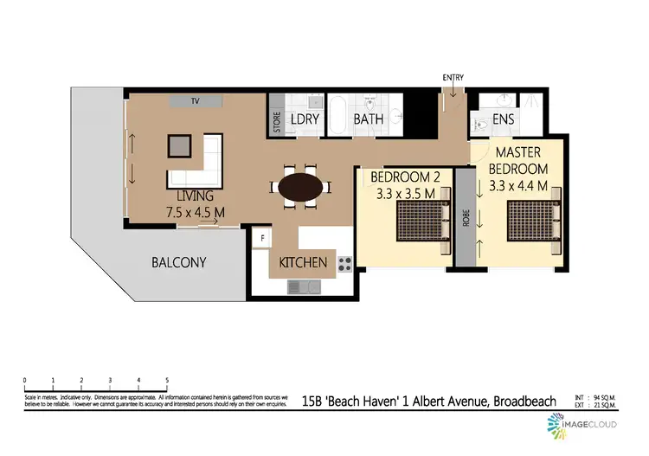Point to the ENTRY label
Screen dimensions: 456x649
click(453, 78)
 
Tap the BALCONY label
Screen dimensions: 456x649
click(178, 262)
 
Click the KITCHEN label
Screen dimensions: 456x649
click(303, 262)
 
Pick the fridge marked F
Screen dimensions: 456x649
click(261, 236)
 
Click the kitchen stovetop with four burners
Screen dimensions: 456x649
click(344, 262)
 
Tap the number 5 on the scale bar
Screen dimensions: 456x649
click(166, 381)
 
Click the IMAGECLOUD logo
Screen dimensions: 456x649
click(577, 425)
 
